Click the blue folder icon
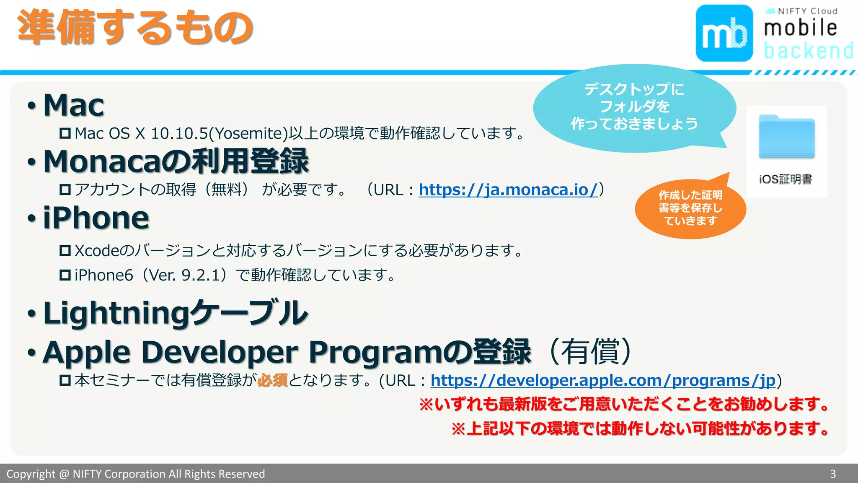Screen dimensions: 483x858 click(x=786, y=137)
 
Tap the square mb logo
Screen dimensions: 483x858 click(x=724, y=33)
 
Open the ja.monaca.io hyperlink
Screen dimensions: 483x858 click(x=508, y=190)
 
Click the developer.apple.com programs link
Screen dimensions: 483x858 click(x=603, y=381)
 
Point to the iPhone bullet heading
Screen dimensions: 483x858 click(x=96, y=218)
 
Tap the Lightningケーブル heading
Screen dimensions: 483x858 click(x=176, y=313)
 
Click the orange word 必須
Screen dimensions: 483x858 click(x=272, y=380)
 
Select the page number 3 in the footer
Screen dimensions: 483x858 click(x=833, y=474)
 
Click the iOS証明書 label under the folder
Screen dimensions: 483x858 click(x=786, y=179)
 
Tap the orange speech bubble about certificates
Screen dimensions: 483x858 click(x=690, y=208)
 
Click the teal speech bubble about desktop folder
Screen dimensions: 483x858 click(x=634, y=107)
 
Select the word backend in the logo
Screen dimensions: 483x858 click(x=808, y=51)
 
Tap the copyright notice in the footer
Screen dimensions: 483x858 click(x=136, y=474)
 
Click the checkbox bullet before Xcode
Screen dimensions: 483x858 click(x=65, y=251)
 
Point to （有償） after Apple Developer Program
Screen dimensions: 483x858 click(x=590, y=351)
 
